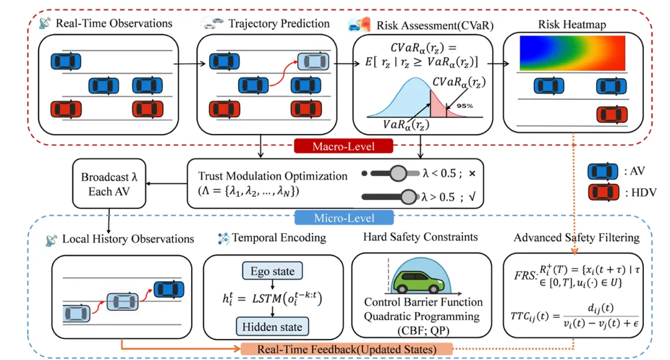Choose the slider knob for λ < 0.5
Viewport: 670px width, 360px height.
pyautogui.click(x=396, y=172)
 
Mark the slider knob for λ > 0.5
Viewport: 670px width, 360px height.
pyautogui.click(x=408, y=197)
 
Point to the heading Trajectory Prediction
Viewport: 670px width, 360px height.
pyautogui.click(x=280, y=24)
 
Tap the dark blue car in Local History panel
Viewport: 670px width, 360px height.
pyautogui.click(x=168, y=287)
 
